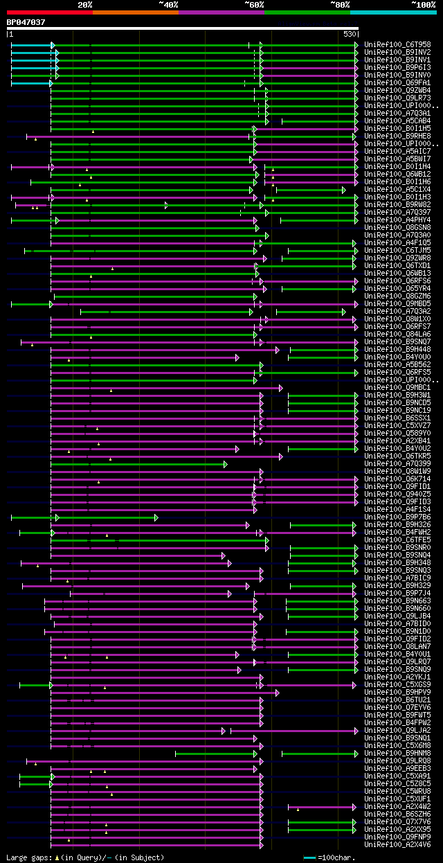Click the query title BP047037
coord(26,22)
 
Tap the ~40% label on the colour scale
coord(168,4)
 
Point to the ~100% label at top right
coord(423,4)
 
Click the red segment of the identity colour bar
coord(49,12)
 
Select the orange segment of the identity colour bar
coord(135,12)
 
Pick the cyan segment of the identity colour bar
coord(392,12)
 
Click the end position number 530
coord(350,34)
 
